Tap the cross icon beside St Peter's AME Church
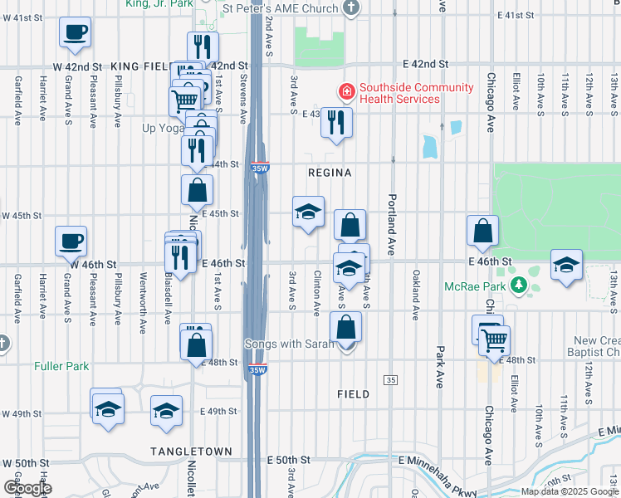point(352,8)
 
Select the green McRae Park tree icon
point(520,286)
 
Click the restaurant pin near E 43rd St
point(336,123)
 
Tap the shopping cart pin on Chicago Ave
point(494,339)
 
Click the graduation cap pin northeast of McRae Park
point(566,266)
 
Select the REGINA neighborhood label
point(330,173)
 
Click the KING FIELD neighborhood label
point(140,66)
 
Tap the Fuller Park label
point(61,365)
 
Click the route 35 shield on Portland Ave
point(389,379)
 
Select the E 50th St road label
point(288,460)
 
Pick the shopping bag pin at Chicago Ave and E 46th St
point(482,232)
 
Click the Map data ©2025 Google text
point(569,491)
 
